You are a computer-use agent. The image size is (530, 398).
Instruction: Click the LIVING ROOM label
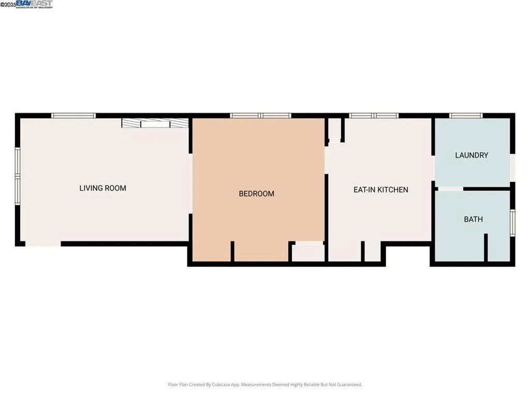point(102,188)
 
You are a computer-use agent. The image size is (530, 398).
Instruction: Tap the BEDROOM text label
point(256,194)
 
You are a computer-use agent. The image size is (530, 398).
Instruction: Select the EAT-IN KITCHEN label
point(380,190)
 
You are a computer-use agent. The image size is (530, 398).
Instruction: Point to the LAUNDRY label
point(472,155)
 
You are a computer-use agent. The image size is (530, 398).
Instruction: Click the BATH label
point(473,219)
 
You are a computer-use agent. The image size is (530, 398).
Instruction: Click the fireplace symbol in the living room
point(155,123)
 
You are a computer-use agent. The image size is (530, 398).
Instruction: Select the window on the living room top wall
point(73,116)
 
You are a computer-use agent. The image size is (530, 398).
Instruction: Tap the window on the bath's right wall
point(512,222)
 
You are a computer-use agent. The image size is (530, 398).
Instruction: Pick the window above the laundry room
point(465,116)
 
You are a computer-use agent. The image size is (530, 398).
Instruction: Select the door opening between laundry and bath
point(449,189)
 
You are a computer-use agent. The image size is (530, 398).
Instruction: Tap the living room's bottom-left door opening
point(43,244)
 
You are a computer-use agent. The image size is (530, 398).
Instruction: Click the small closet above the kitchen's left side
point(334,130)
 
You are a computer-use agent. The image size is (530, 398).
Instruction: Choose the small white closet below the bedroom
point(308,253)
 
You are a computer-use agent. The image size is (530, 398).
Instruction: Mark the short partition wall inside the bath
point(485,248)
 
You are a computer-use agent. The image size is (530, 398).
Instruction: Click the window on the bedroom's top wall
point(260,116)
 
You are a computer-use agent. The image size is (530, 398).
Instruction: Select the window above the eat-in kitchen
point(373,116)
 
